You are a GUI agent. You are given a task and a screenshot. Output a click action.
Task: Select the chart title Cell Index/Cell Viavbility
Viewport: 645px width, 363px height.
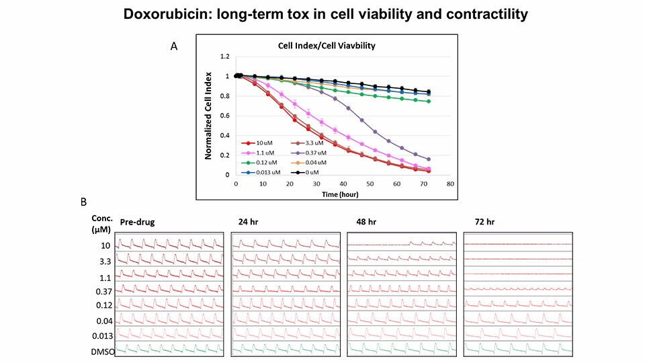click(x=326, y=47)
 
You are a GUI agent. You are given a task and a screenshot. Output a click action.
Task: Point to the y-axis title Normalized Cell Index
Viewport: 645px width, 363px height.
click(x=208, y=116)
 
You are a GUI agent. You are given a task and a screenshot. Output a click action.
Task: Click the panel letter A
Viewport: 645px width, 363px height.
click(x=174, y=46)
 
